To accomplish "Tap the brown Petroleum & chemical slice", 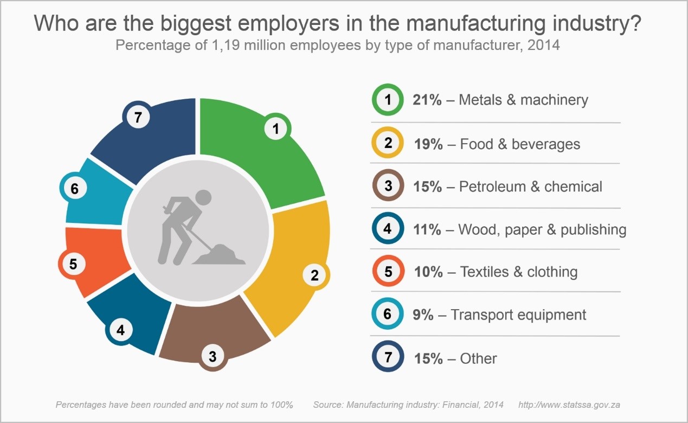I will [217, 331].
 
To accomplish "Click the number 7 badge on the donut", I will [138, 118].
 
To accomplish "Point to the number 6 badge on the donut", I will [75, 189].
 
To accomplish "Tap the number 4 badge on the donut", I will [120, 330].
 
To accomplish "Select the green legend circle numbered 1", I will [387, 100].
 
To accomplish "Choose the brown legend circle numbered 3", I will [388, 187].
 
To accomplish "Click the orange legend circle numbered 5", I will [388, 272].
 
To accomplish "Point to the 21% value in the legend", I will [427, 100].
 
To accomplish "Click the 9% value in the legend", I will [423, 315].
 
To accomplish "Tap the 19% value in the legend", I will [428, 144].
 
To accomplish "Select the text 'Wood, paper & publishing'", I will [542, 230].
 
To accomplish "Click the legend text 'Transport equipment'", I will [518, 315].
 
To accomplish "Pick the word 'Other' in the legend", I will [478, 358].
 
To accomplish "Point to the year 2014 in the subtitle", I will [542, 45].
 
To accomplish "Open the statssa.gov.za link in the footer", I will [569, 405].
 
